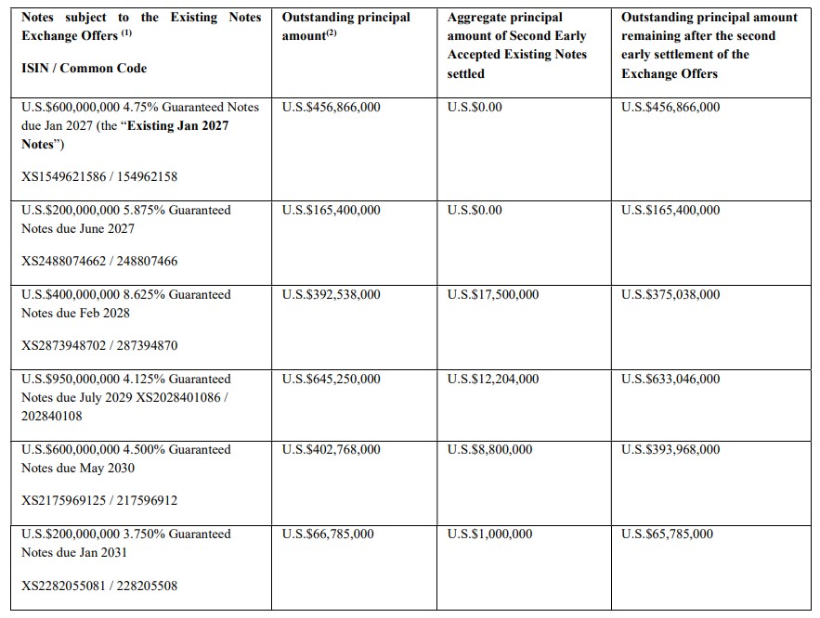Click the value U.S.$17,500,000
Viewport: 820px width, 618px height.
492,295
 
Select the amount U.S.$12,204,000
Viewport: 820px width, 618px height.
492,380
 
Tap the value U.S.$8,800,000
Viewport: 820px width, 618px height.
489,450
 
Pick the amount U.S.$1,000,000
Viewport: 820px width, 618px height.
489,534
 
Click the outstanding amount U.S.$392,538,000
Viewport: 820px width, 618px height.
331,295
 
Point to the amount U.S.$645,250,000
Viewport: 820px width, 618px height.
331,380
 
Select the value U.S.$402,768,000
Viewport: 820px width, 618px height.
331,450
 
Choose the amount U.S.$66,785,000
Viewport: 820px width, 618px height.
328,534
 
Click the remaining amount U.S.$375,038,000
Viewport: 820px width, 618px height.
670,295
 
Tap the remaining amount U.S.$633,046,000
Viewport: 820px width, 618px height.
670,380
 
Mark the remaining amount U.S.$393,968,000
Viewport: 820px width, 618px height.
670,450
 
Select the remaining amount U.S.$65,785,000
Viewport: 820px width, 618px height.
667,534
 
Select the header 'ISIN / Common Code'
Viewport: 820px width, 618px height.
84,69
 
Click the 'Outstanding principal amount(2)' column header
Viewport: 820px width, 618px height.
345,26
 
